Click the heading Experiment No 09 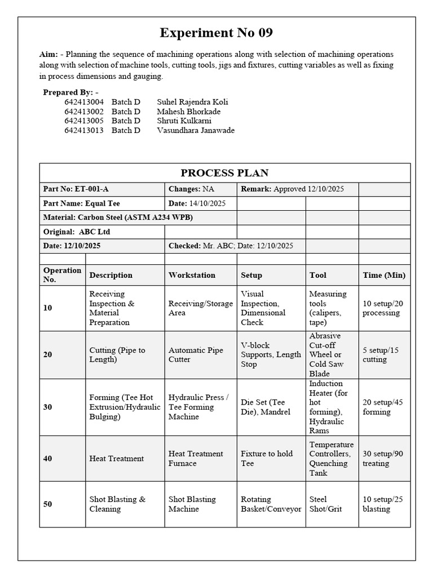[216, 33]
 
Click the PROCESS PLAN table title [224, 173]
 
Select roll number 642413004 [84, 102]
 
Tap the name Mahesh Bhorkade [189, 112]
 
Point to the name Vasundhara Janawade [196, 130]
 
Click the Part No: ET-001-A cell [76, 189]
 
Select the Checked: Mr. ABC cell [231, 246]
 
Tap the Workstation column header [192, 275]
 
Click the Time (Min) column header [384, 275]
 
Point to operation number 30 [48, 407]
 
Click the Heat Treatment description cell [117, 459]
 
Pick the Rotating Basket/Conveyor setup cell [271, 504]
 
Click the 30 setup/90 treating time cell [383, 459]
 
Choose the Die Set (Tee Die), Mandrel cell [266, 407]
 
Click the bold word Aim [48, 55]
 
